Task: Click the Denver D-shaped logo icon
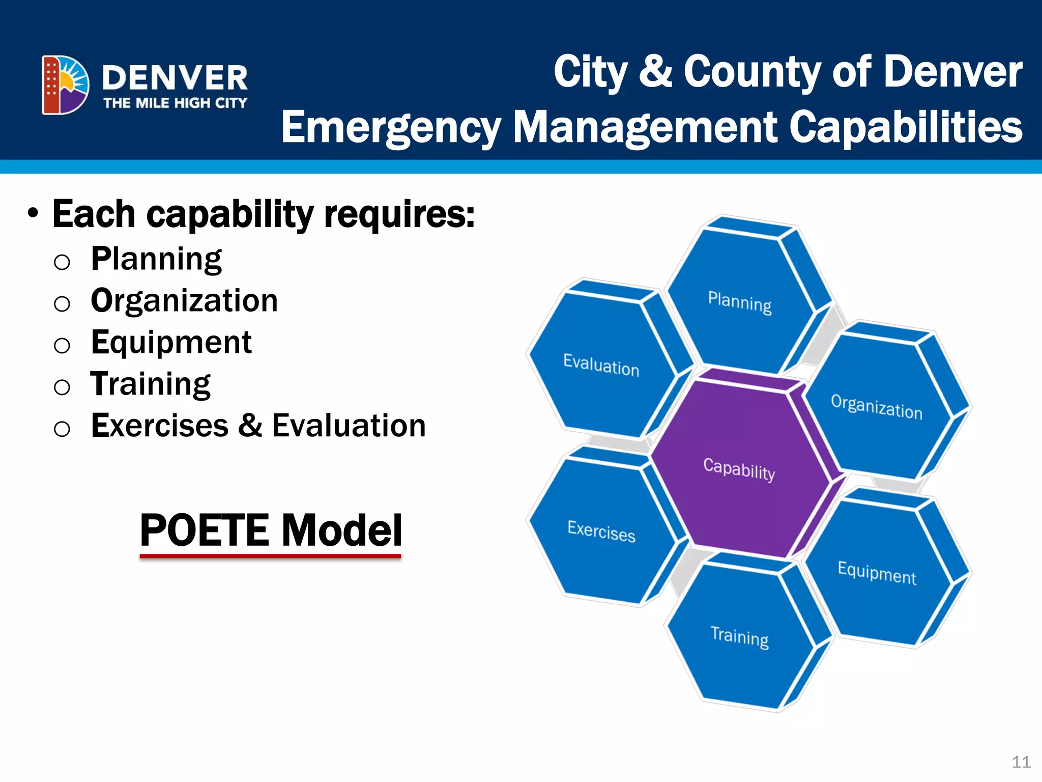point(65,85)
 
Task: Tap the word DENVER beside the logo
point(175,78)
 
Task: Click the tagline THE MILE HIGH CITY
point(175,103)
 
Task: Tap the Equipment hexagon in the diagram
point(877,573)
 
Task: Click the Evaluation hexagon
point(601,365)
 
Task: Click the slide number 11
point(1021,762)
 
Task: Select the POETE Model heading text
point(271,530)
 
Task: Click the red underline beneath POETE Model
point(271,556)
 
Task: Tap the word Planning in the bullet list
point(156,259)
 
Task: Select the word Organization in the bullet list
point(184,300)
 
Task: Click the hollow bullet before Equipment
point(62,346)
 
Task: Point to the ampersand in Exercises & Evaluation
point(250,425)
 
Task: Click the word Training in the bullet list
point(151,384)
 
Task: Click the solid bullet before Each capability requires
point(33,213)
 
